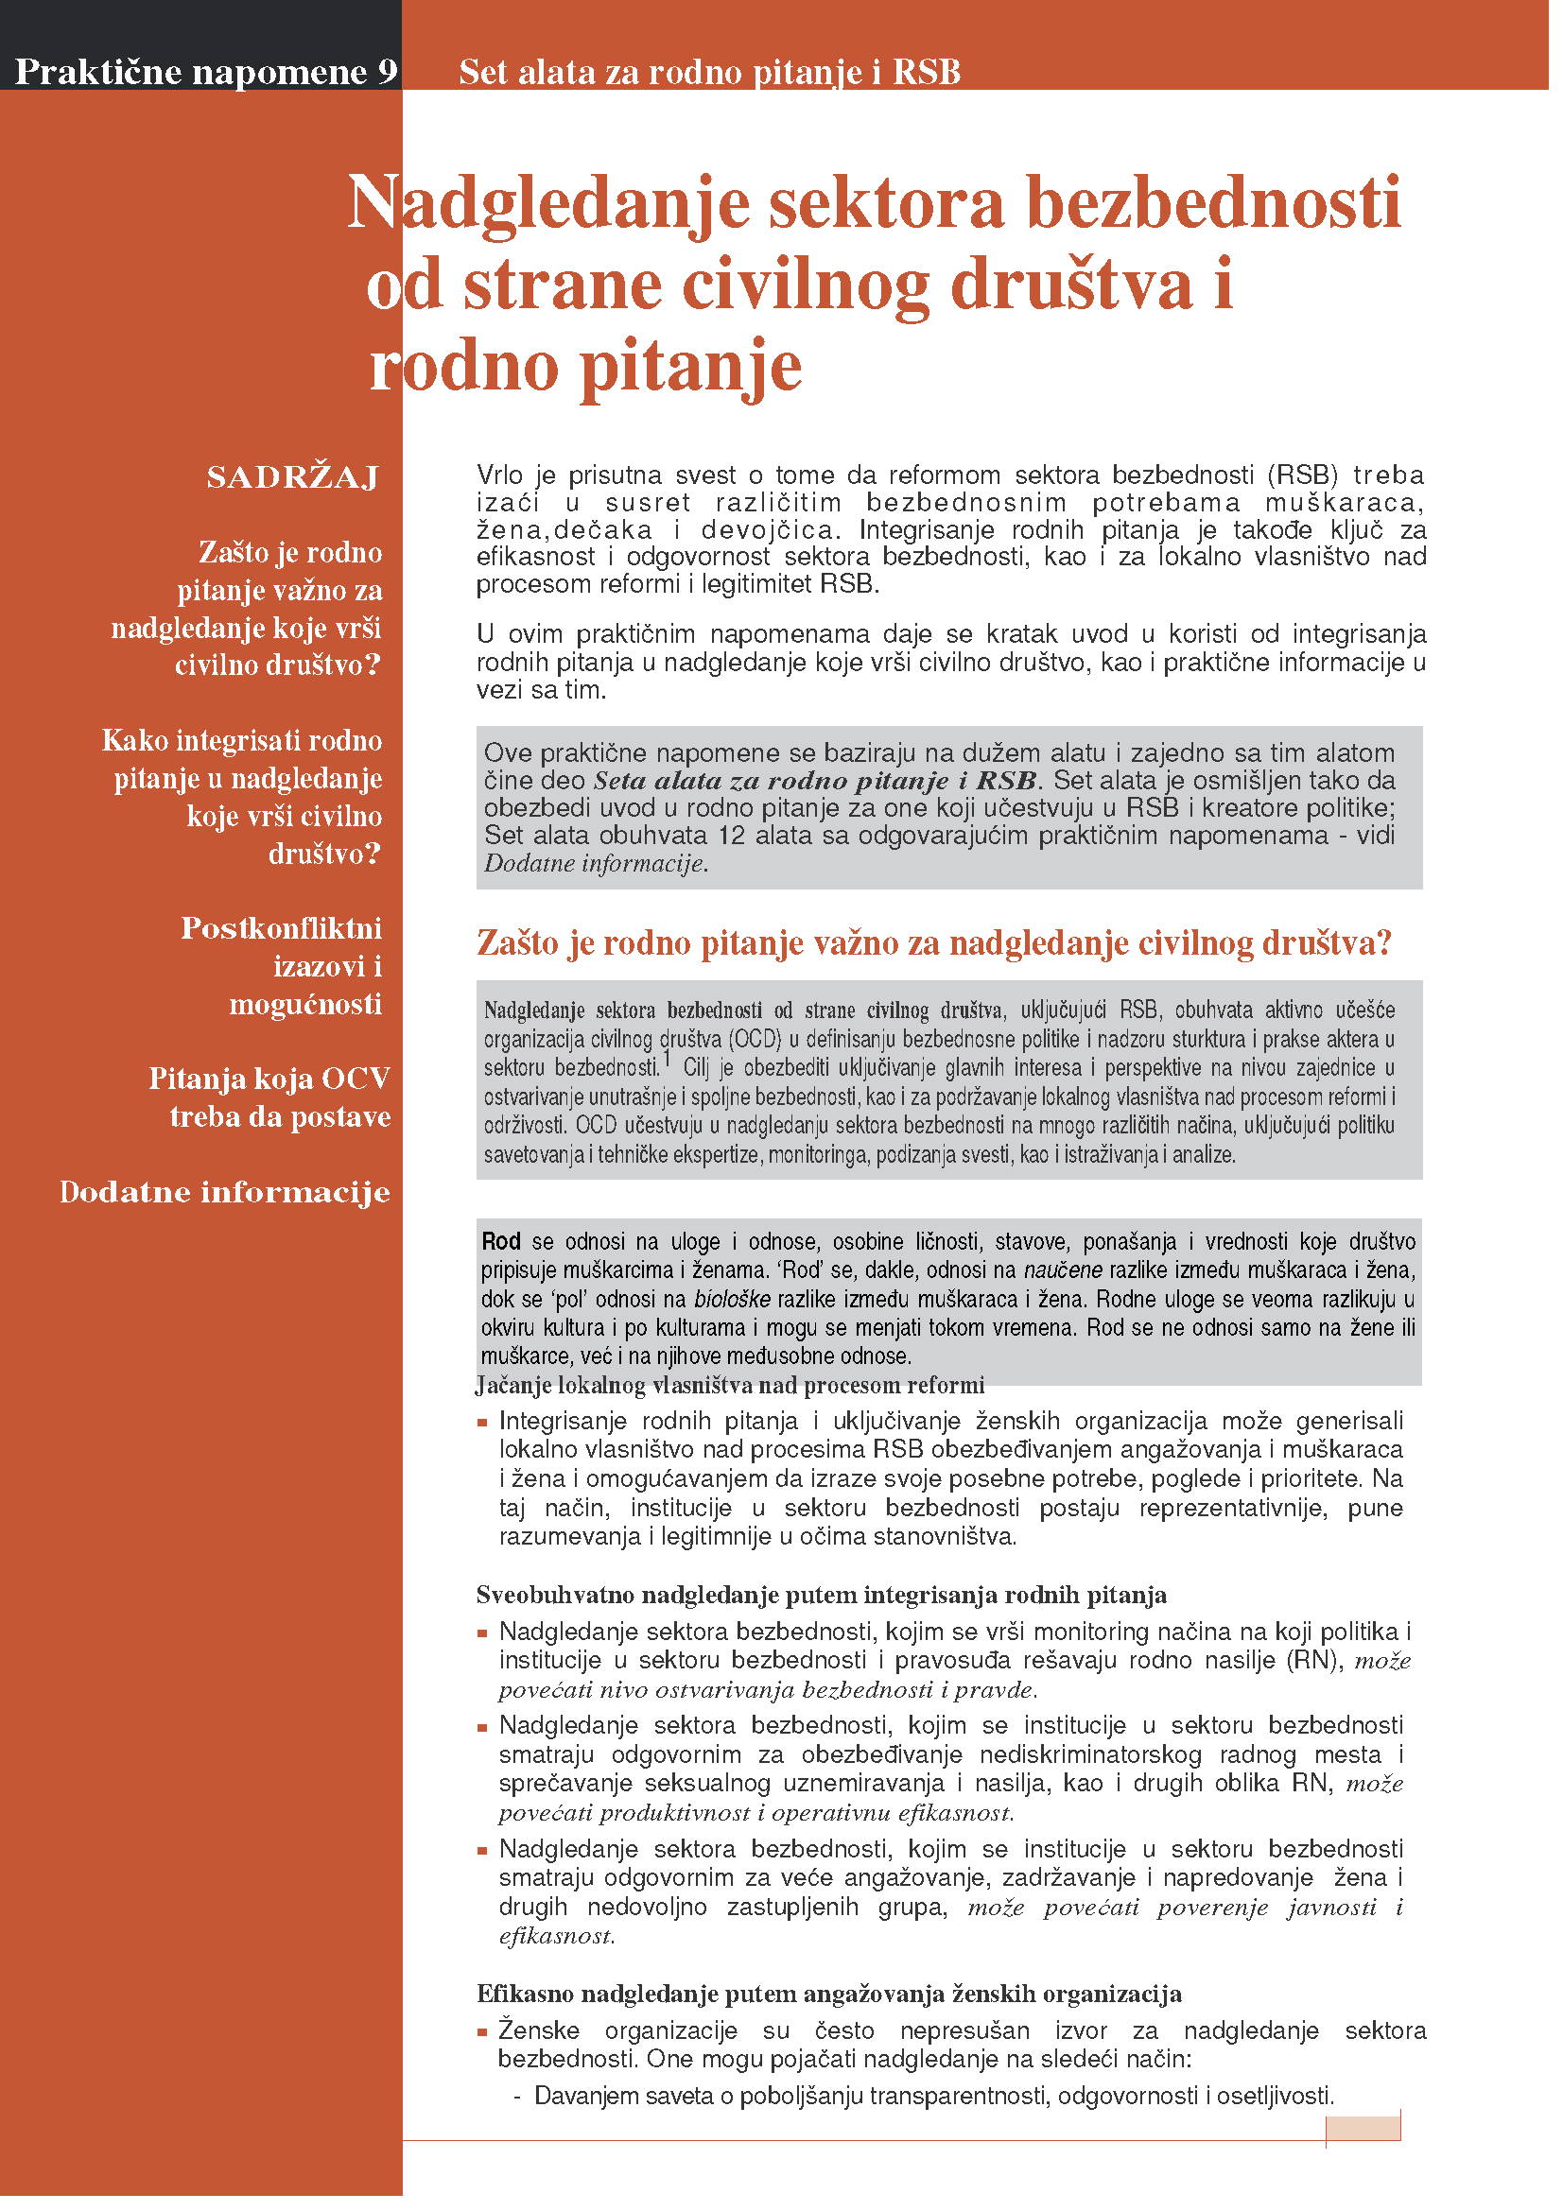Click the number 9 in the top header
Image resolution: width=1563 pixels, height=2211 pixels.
[x=387, y=71]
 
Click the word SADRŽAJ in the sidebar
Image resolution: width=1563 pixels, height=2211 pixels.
[x=293, y=477]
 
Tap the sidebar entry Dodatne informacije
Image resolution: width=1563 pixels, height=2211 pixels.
[x=225, y=1192]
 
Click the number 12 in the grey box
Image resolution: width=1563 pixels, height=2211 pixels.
[x=732, y=835]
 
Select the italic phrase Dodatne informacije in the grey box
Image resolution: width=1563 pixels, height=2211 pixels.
[x=594, y=864]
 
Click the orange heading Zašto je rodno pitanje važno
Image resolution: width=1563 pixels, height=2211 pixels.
[x=933, y=942]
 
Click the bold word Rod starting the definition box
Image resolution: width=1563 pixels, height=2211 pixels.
[x=501, y=1241]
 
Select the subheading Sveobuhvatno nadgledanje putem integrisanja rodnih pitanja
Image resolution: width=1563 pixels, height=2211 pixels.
[x=821, y=1596]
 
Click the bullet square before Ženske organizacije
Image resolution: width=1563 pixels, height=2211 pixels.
[x=482, y=2033]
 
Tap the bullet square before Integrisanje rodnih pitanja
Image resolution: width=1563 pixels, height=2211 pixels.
[x=482, y=1424]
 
